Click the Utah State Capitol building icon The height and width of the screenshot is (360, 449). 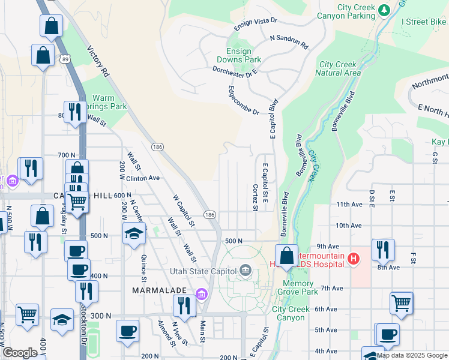coord(245,271)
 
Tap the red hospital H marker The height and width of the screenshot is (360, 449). coord(354,259)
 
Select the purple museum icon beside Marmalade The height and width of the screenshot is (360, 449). coord(201,293)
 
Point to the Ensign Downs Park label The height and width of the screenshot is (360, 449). coord(244,56)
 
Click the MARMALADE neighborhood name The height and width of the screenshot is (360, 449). coord(158,290)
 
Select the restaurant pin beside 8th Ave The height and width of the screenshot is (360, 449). coord(382,248)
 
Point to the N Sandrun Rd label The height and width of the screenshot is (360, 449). coord(289,41)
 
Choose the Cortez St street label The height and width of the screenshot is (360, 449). coord(255,197)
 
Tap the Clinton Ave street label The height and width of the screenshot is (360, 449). coord(143,178)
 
